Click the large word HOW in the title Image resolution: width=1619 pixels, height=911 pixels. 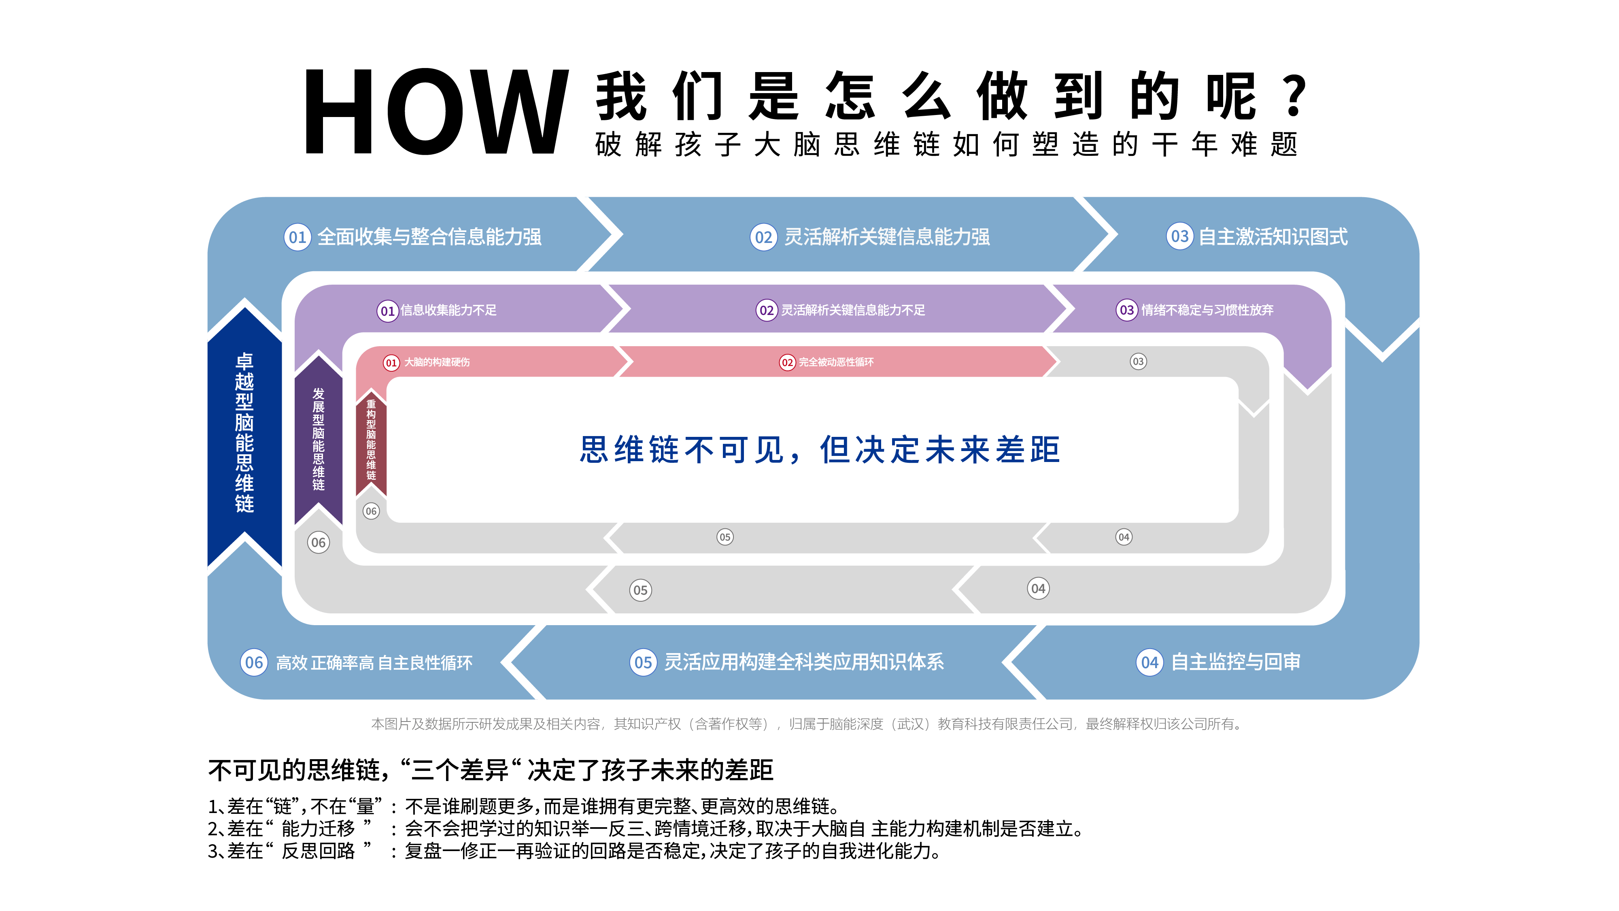(x=436, y=112)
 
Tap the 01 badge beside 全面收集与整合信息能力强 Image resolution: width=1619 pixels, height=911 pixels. (x=297, y=237)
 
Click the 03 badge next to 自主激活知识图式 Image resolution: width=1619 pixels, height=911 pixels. (x=1180, y=237)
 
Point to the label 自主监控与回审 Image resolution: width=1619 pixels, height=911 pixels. (x=1236, y=662)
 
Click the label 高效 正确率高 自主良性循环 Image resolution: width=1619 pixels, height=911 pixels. (x=374, y=663)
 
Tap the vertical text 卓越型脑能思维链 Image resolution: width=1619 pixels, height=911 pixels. (x=244, y=432)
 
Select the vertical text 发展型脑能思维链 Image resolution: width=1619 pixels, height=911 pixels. (x=319, y=439)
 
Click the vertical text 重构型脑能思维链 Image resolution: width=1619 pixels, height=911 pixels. (x=371, y=440)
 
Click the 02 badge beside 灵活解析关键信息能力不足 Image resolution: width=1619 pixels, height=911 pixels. (x=766, y=311)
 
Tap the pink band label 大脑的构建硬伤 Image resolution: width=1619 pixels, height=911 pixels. (x=437, y=362)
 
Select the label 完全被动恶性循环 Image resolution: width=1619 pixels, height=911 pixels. (x=836, y=362)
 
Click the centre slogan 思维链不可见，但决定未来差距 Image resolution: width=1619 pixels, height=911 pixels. (x=820, y=449)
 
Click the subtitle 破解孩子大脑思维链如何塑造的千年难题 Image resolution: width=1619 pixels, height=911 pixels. (x=946, y=145)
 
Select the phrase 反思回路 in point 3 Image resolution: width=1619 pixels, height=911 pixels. (x=318, y=851)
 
